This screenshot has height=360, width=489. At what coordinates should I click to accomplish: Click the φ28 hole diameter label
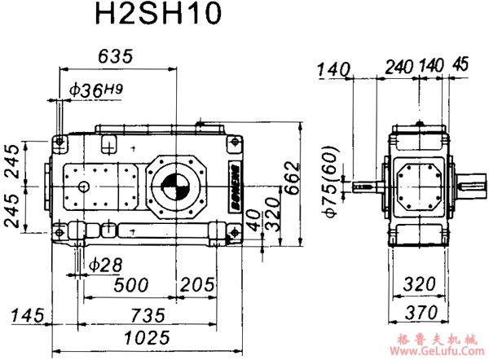click(104, 265)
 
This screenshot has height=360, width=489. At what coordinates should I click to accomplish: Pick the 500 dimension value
click(130, 285)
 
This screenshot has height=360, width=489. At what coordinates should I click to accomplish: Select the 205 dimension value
click(199, 285)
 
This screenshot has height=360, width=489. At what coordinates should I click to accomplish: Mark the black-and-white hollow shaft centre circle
click(174, 187)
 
